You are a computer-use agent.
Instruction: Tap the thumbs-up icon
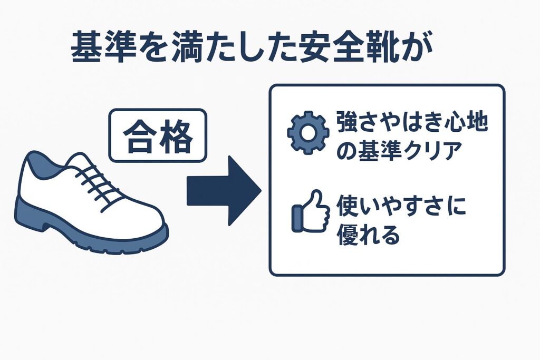pos(310,211)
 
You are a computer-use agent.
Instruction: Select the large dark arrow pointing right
pos(224,190)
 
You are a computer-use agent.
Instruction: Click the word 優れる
pos(368,233)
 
